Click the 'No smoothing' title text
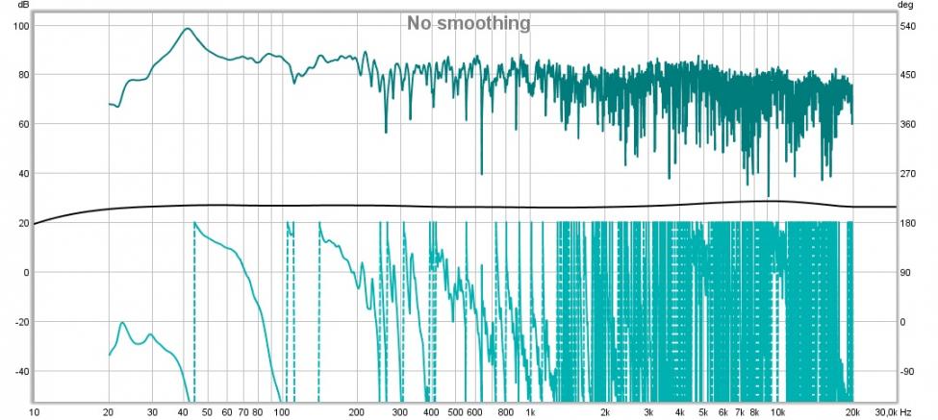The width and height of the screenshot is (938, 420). [x=468, y=23]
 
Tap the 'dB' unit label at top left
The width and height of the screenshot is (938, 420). [x=22, y=6]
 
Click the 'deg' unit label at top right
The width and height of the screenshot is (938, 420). [x=905, y=6]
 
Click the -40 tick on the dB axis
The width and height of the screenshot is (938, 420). [x=21, y=371]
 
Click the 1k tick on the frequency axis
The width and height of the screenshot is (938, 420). [x=530, y=412]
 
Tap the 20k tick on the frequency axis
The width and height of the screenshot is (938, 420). [x=853, y=412]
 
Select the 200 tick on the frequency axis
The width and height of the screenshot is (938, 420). [x=356, y=412]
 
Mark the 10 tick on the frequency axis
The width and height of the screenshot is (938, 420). [x=34, y=412]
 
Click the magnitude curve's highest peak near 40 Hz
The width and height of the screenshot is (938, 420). [x=188, y=29]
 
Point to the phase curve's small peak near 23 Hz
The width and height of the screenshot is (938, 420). [x=123, y=323]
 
